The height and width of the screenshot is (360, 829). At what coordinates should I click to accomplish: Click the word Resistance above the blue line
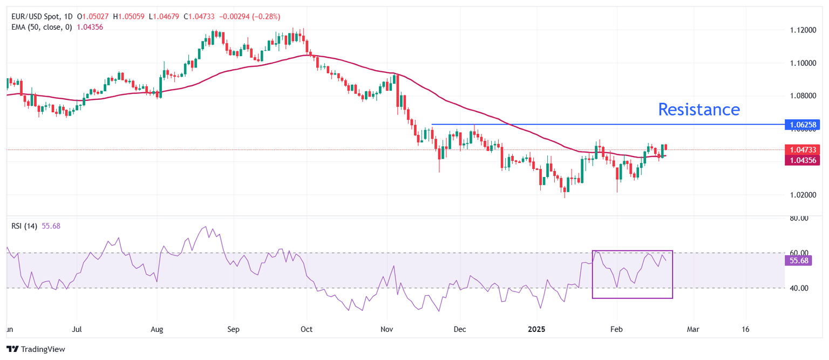coord(699,110)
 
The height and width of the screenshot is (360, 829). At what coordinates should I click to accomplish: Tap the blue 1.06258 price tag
coord(804,125)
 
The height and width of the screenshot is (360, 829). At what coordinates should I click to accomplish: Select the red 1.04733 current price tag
coord(804,150)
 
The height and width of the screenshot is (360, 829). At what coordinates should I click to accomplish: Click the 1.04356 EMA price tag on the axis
coord(804,160)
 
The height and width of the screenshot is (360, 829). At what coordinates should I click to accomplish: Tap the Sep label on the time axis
coord(233,329)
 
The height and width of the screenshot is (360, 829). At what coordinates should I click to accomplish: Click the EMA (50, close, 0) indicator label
coord(45,27)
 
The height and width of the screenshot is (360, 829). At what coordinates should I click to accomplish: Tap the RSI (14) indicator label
coord(24,226)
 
